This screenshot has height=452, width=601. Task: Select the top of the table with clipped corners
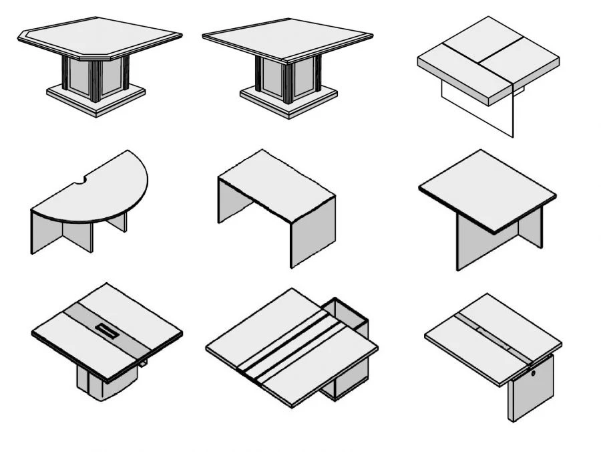click(x=100, y=36)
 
